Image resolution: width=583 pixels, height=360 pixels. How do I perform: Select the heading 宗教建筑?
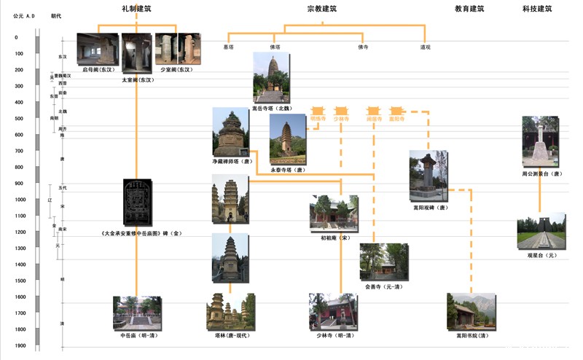pyautogui.click(x=322, y=9)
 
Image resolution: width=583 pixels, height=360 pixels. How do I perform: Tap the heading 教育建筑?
pyautogui.click(x=469, y=9)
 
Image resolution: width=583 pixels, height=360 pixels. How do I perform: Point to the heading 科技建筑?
pyautogui.click(x=537, y=9)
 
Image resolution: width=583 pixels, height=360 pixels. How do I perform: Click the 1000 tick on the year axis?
pyautogui.click(x=21, y=200)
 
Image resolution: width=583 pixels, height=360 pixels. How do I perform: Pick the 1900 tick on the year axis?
pyautogui.click(x=21, y=346)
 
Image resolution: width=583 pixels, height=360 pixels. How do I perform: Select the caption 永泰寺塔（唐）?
pyautogui.click(x=287, y=170)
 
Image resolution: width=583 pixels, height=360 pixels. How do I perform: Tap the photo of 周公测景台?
pyautogui.click(x=540, y=142)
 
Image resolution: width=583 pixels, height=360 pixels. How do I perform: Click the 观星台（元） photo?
pyautogui.click(x=541, y=231)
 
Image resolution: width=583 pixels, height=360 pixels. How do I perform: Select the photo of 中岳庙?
pyautogui.click(x=137, y=312)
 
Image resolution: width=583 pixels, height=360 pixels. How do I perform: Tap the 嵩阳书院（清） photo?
pyautogui.click(x=471, y=312)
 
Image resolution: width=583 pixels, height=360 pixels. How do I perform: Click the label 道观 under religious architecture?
pyautogui.click(x=425, y=47)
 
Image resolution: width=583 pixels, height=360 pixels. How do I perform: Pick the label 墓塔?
pyautogui.click(x=229, y=47)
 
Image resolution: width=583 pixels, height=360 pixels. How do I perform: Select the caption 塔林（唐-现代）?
pyautogui.click(x=228, y=336)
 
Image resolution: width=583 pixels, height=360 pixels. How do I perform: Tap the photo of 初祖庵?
pyautogui.click(x=334, y=213)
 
